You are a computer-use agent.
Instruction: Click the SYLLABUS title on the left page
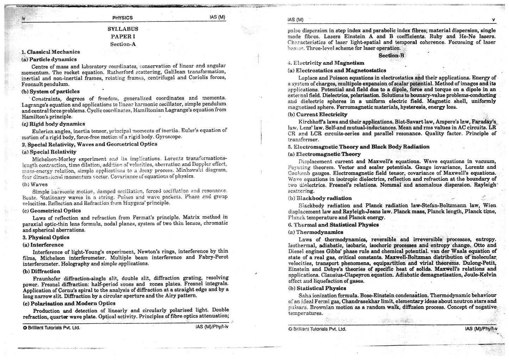coord(123,29)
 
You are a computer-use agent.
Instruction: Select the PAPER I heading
coord(123,37)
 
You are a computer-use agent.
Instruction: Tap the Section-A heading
coord(123,44)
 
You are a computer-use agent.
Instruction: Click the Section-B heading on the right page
coord(391,56)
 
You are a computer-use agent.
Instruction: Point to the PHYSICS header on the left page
coord(123,18)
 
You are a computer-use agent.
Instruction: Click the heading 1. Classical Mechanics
coord(51,52)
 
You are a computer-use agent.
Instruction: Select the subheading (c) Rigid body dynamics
coord(53,124)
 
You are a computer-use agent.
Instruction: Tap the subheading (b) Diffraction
coord(41,272)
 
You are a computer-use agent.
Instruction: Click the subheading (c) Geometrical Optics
coord(51,211)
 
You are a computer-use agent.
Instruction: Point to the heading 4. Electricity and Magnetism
coord(326,63)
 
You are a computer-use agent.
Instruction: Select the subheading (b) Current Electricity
coord(318,114)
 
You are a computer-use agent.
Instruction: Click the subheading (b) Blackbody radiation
coord(320,198)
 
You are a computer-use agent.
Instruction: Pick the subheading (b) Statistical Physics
coord(317,288)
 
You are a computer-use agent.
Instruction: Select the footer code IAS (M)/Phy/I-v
coord(481,329)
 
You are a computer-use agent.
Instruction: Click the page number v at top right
coord(494,20)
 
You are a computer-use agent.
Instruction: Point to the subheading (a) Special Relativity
coord(49,152)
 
